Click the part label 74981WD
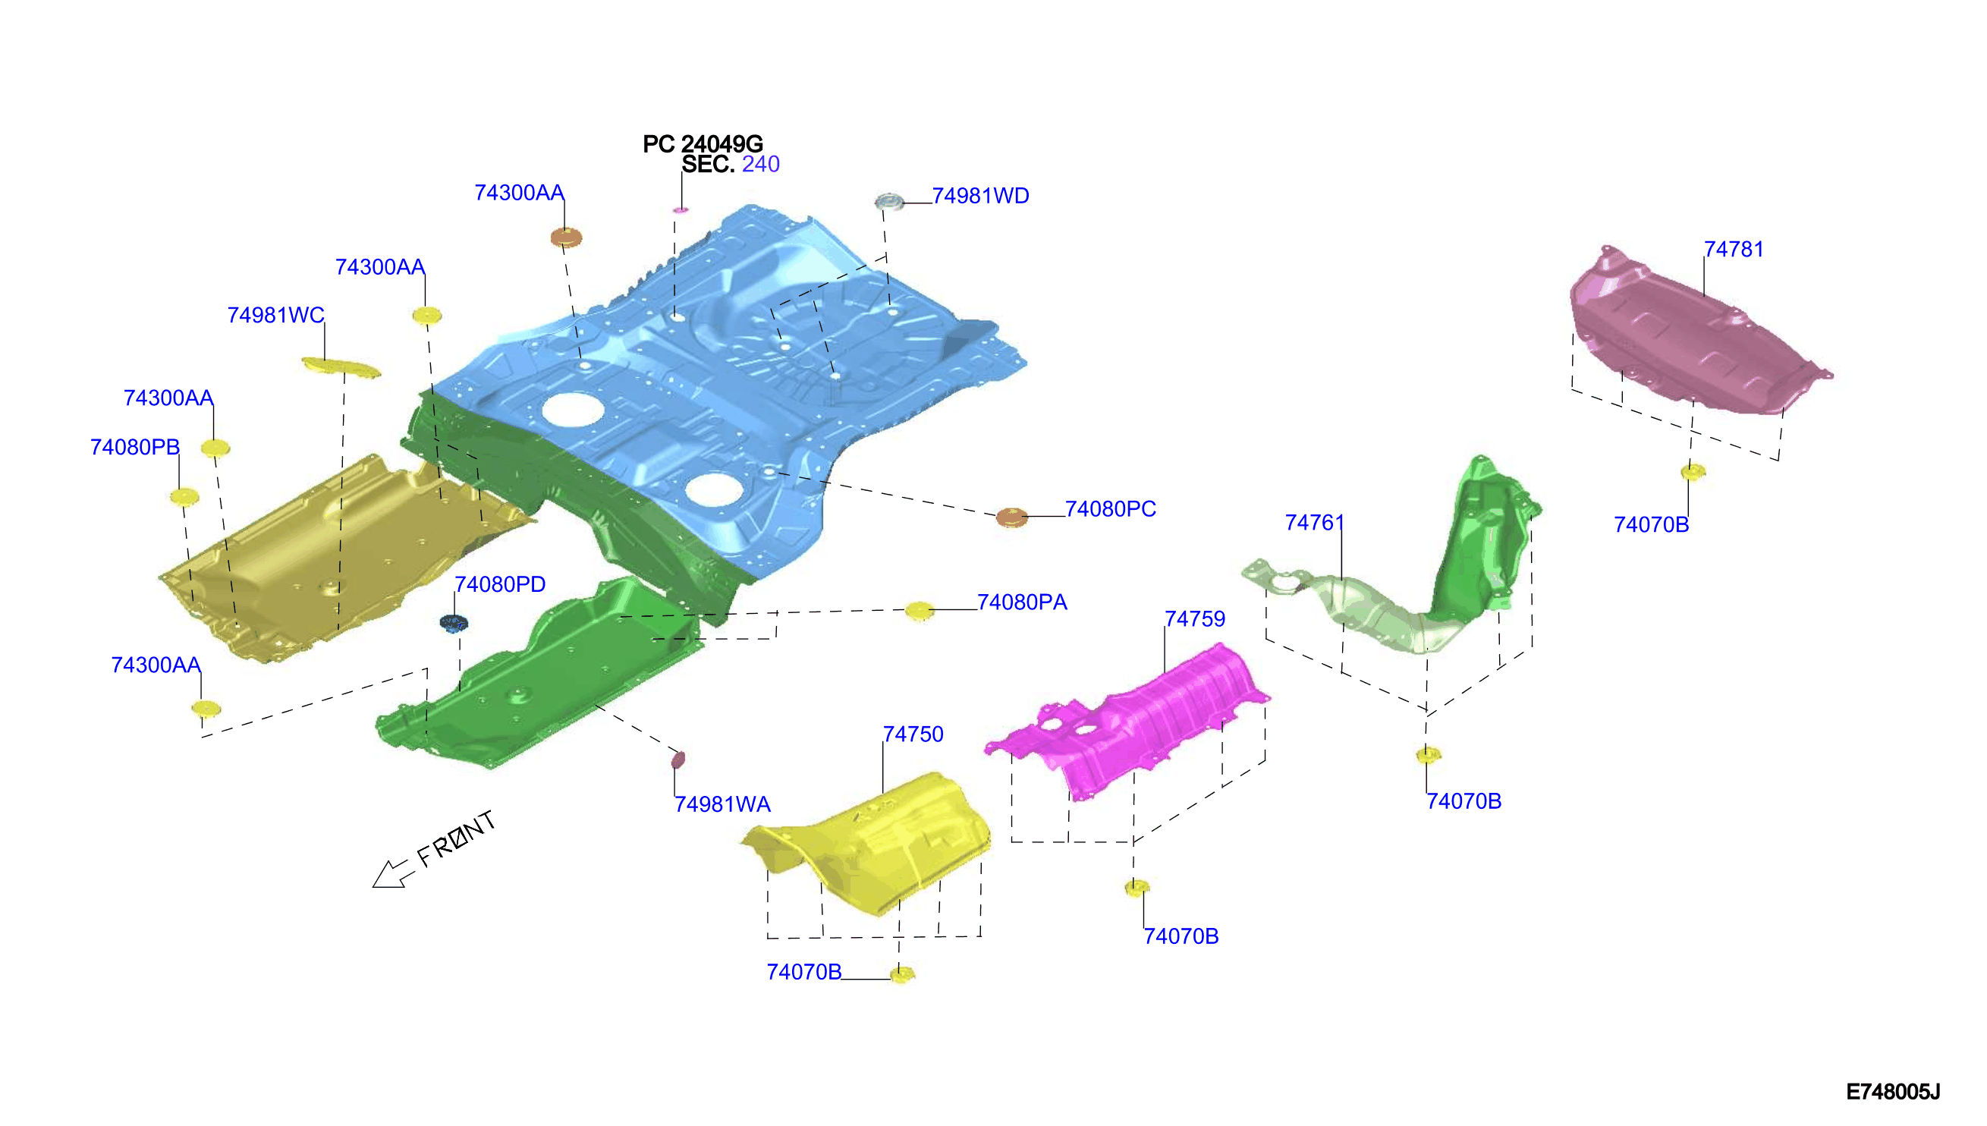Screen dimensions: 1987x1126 pos(979,196)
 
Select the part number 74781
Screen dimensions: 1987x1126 pos(1734,249)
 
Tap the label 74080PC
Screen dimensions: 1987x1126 pos(1110,509)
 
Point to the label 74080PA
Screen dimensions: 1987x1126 pos(1021,602)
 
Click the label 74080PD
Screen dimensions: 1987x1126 pos(499,584)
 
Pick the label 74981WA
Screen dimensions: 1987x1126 pos(722,804)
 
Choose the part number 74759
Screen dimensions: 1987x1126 pos(1194,618)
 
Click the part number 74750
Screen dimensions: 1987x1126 pos(913,734)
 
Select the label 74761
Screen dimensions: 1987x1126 pos(1314,523)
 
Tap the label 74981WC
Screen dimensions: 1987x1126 pos(275,315)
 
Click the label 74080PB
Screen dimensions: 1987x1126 pos(134,447)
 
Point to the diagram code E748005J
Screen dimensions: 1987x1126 pos(1893,1091)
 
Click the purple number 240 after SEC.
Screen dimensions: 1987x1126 pos(761,164)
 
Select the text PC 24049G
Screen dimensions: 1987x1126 pos(703,144)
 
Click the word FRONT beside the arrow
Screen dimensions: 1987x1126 pos(456,838)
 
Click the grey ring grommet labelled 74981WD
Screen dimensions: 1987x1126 pos(889,202)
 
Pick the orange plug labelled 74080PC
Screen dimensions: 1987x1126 pos(1012,517)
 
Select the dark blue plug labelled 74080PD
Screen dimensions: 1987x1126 pos(454,622)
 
